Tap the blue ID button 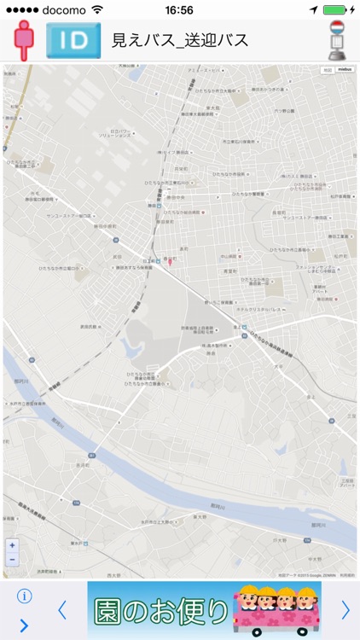(x=73, y=40)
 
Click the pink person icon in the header (x=23, y=40)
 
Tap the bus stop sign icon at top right (x=338, y=39)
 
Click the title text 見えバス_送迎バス (x=180, y=40)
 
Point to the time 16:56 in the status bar (x=179, y=10)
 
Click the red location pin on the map (x=169, y=261)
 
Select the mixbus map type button (x=345, y=69)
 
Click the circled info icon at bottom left (x=24, y=596)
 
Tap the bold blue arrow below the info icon (x=24, y=625)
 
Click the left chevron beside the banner (x=61, y=609)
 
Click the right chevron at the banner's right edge (x=345, y=609)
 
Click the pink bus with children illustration (x=270, y=611)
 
